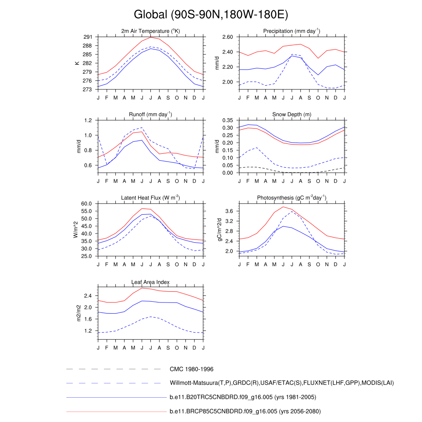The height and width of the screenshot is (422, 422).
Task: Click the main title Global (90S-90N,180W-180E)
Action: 211,15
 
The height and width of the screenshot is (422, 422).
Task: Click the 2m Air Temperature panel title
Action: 150,31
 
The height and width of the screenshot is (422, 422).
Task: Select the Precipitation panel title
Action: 292,31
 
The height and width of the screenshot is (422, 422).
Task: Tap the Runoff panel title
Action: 150,115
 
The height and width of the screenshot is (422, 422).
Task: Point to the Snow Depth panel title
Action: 292,115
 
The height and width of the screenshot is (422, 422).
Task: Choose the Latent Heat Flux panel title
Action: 150,198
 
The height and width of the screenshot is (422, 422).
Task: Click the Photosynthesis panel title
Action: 292,198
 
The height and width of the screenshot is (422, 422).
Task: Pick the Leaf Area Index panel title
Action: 150,282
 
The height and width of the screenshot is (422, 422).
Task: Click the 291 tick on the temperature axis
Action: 88,37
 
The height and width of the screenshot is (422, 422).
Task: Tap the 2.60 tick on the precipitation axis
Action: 227,37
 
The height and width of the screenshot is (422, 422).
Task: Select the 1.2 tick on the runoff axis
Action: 88,120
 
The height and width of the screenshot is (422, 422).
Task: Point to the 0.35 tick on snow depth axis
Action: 227,120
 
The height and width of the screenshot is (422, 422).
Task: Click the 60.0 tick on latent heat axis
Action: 86,204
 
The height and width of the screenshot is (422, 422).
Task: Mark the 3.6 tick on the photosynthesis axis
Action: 230,211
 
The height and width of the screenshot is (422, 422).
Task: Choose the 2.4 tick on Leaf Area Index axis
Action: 88,296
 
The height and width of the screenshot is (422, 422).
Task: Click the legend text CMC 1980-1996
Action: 191,369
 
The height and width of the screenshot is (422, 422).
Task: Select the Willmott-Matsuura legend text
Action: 282,383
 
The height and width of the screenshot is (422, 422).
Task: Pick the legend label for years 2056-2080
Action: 245,411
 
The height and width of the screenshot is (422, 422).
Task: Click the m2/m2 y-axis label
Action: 77,313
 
